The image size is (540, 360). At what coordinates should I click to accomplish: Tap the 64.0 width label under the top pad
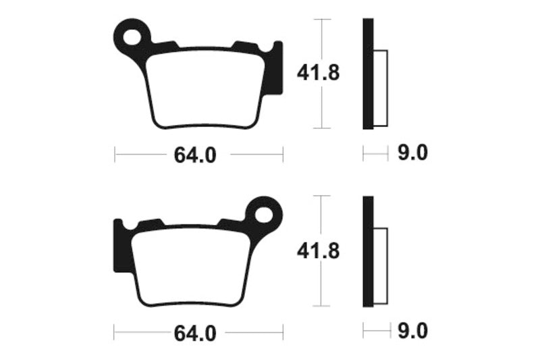point(195,155)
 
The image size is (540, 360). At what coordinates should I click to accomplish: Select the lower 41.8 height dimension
point(317,251)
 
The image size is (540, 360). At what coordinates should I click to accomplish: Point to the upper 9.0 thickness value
point(412,155)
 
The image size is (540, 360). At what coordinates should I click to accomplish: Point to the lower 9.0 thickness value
point(412,332)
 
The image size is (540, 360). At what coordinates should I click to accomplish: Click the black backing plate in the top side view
point(367,74)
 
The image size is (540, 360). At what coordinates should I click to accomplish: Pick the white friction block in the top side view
point(380,88)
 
